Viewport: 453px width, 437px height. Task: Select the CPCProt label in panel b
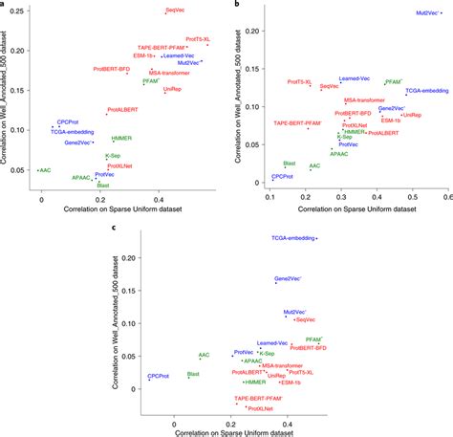click(283, 177)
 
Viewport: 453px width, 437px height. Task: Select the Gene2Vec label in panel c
click(288, 278)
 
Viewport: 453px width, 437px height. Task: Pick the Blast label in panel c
click(193, 373)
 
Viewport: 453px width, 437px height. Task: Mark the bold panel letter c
click(115, 228)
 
